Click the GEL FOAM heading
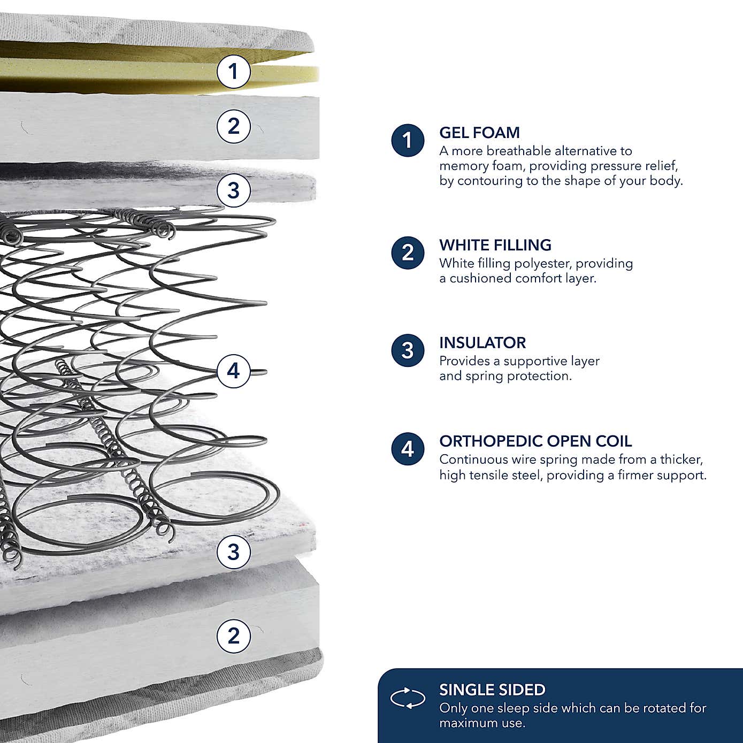pos(479,133)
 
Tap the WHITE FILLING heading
pos(495,245)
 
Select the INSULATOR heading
pos(482,343)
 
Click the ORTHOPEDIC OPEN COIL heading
pos(535,441)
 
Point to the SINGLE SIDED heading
pos(492,690)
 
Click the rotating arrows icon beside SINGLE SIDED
pos(408,698)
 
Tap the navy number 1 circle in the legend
pos(408,141)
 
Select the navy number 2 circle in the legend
pos(408,252)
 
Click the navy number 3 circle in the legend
pos(408,351)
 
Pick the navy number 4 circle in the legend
pos(408,449)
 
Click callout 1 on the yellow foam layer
pos(233,71)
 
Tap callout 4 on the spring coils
pos(233,371)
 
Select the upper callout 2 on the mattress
pos(233,126)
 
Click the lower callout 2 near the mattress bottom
pos(233,636)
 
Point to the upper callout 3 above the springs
pos(233,190)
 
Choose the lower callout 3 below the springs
pos(233,551)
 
